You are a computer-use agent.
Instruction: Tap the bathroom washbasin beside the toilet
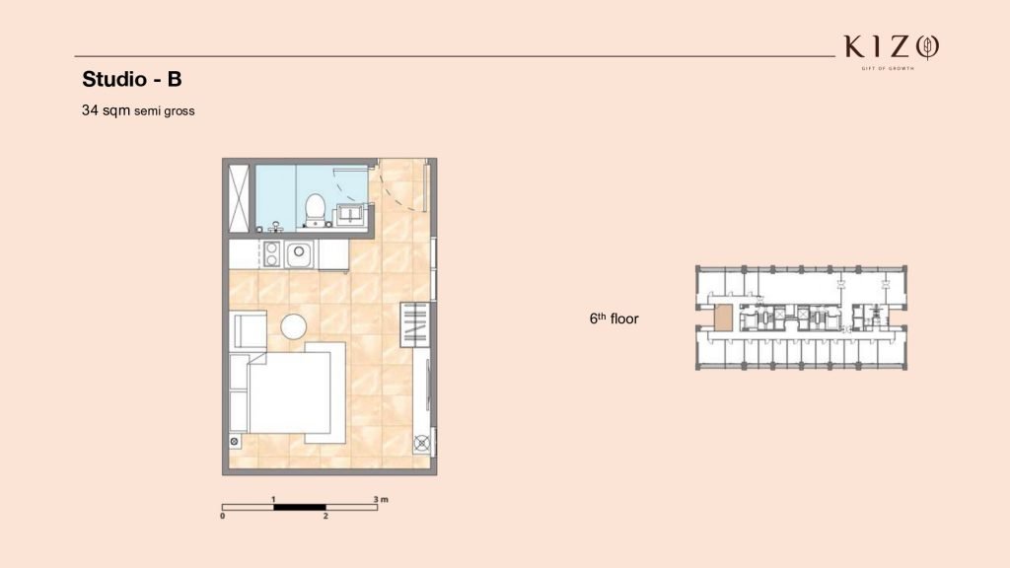351,214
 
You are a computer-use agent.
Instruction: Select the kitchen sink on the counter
299,254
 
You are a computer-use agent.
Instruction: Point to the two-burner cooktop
271,253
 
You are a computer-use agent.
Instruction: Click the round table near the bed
294,326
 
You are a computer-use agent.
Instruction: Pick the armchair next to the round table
248,330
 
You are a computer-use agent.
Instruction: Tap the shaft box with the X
239,197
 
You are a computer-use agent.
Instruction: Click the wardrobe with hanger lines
414,323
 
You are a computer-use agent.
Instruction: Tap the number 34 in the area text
90,110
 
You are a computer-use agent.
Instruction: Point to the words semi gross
165,111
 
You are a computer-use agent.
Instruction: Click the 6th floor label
613,319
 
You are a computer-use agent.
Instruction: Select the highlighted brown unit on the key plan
724,319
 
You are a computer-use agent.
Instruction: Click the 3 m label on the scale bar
381,499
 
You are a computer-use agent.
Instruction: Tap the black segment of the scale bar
300,508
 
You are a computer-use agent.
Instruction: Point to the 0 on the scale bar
223,516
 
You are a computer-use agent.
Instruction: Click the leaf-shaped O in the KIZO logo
927,47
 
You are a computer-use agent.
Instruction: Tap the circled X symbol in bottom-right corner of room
422,443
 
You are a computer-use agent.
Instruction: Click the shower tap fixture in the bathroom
276,227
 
